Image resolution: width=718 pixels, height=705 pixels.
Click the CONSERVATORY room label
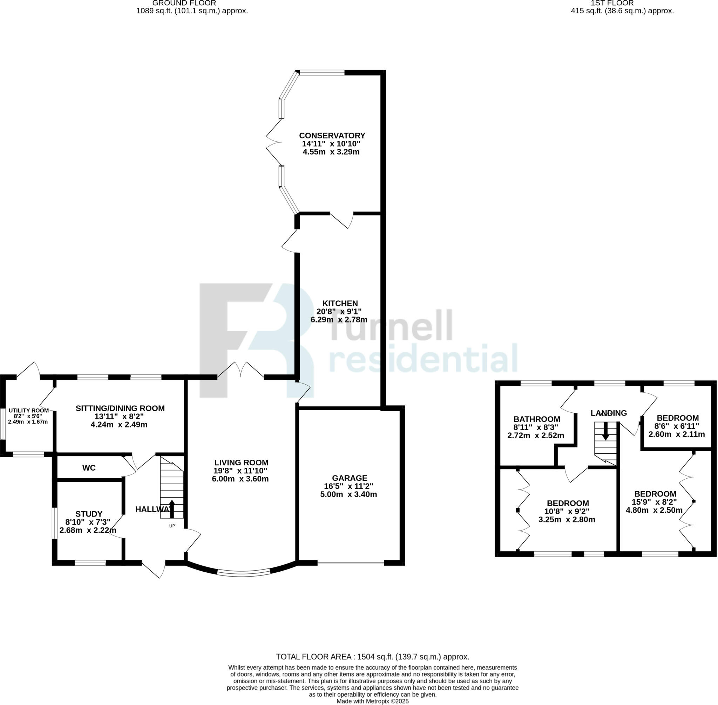[x=332, y=135]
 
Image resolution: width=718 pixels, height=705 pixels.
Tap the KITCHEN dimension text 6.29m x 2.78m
[x=339, y=320]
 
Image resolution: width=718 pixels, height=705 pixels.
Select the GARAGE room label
[x=349, y=478]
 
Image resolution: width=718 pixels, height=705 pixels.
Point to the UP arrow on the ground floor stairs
[x=172, y=509]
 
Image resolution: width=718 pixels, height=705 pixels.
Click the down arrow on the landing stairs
[x=605, y=431]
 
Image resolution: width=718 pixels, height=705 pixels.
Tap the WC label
[x=89, y=468]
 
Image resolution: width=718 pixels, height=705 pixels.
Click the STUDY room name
[x=89, y=514]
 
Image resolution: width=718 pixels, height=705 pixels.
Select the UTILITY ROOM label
[x=28, y=410]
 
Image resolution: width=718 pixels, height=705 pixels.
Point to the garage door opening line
[x=351, y=563]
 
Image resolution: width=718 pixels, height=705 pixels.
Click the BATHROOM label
[x=536, y=419]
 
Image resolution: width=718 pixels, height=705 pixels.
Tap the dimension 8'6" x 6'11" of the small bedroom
[x=677, y=426]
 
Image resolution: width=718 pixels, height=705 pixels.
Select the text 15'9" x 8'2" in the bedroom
[x=655, y=502]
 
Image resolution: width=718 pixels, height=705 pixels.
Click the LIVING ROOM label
[x=241, y=463]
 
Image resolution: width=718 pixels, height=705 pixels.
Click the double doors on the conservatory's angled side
[x=274, y=142]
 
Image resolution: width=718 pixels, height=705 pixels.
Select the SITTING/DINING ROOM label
[x=120, y=408]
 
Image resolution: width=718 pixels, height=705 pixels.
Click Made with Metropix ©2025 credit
[x=373, y=701]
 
